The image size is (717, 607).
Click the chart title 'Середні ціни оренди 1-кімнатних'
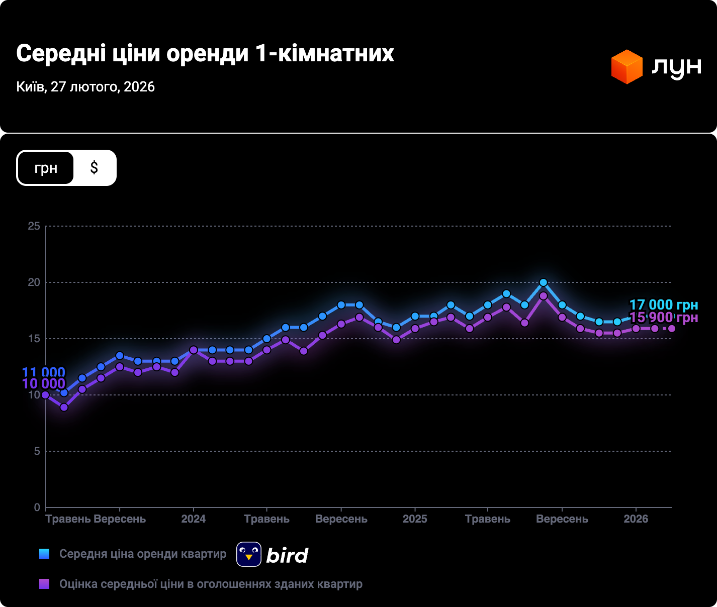pos(205,53)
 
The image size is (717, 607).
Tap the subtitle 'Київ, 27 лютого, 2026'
pos(85,87)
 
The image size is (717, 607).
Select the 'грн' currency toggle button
pos(46,168)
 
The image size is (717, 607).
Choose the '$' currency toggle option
pos(94,168)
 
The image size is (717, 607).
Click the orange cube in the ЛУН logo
pos(626,67)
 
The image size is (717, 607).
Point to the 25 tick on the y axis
pos(34,226)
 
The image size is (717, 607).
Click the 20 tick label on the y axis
pos(34,282)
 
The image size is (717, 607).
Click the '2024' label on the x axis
pos(194,519)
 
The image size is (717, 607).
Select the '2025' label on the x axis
pos(415,519)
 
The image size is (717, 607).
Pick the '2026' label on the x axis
pos(636,519)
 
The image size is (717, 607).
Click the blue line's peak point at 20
pos(543,282)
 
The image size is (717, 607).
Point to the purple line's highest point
pos(543,296)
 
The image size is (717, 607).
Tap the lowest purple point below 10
pos(64,407)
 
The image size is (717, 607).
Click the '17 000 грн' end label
pos(664,305)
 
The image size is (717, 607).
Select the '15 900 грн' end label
pos(664,318)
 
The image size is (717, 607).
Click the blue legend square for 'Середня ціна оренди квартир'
pos(44,554)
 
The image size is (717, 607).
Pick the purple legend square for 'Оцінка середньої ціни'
pos(44,584)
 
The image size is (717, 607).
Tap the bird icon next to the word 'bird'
pos(249,554)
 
